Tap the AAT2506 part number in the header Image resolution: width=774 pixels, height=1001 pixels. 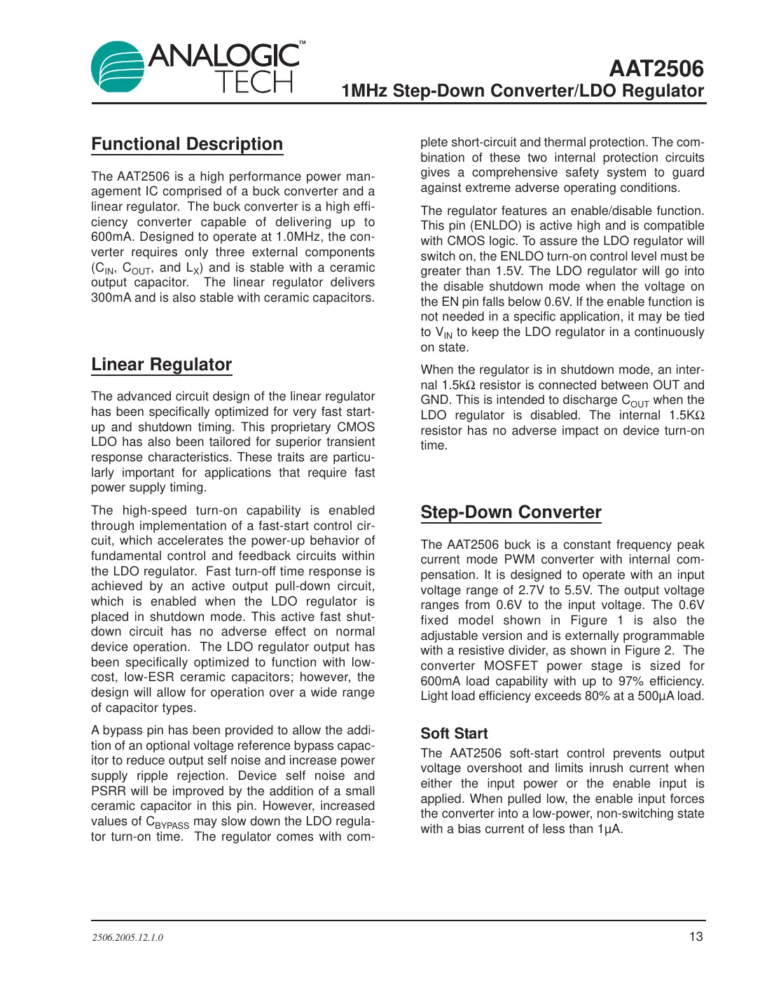pyautogui.click(x=656, y=69)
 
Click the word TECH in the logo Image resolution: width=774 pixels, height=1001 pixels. pyautogui.click(x=254, y=83)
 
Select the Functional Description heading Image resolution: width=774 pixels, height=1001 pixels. pyautogui.click(x=187, y=144)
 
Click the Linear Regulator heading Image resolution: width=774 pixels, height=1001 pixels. pyautogui.click(x=161, y=365)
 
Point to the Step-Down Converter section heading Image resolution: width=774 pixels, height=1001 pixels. pyautogui.click(x=511, y=512)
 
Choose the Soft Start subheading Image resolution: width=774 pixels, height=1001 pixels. pyautogui.click(x=454, y=734)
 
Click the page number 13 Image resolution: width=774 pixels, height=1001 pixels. pyautogui.click(x=696, y=937)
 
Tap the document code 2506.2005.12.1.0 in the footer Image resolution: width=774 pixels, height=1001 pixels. pyautogui.click(x=127, y=937)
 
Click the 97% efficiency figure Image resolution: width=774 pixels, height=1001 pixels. pyautogui.click(x=631, y=681)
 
